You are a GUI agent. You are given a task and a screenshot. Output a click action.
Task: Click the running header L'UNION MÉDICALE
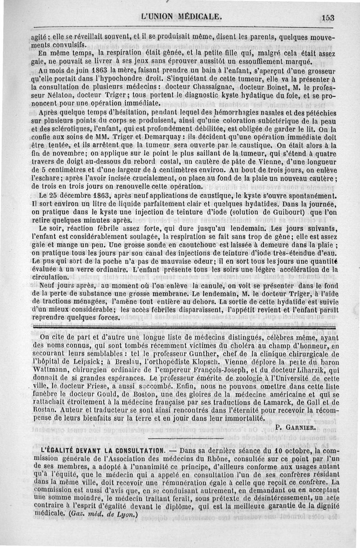click(x=181, y=17)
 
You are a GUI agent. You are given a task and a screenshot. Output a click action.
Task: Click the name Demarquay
click(x=131, y=136)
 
